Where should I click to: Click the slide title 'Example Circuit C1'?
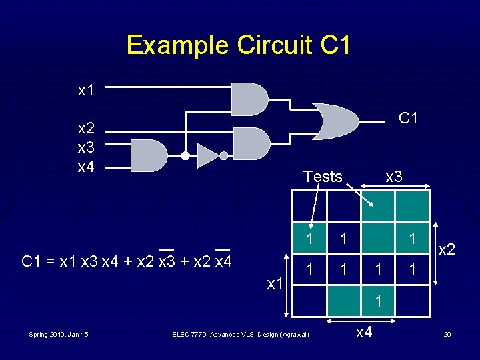point(238,45)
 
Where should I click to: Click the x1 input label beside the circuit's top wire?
point(86,91)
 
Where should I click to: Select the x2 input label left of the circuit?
point(86,128)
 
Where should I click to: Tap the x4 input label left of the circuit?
point(86,166)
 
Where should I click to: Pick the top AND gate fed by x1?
point(249,99)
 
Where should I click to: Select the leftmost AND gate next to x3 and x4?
point(149,155)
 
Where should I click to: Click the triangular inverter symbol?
point(207,156)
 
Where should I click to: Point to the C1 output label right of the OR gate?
point(408,118)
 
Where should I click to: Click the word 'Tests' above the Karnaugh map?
point(323,177)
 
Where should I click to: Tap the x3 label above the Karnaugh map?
point(394,177)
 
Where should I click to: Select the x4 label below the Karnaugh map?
point(363,331)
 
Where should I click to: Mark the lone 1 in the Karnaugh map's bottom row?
point(378,301)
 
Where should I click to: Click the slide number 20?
point(447,334)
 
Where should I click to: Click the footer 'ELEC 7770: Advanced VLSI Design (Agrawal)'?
point(240,334)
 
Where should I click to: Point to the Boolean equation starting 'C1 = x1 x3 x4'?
point(127,261)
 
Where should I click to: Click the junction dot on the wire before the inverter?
point(186,156)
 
